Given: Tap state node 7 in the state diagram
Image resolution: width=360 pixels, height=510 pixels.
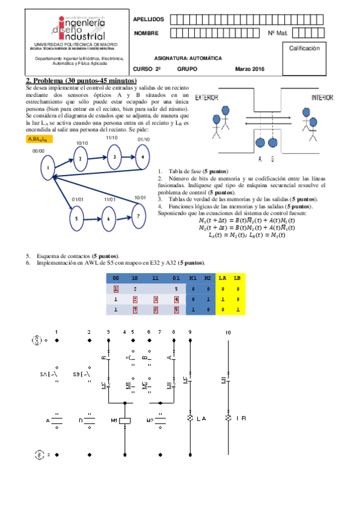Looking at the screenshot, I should coord(138,215).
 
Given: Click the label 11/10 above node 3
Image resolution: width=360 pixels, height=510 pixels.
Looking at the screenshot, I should coord(111,138).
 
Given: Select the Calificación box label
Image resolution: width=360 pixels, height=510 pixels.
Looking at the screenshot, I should coord(308,48).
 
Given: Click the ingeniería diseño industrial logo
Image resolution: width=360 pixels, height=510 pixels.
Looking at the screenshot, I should coord(76,29).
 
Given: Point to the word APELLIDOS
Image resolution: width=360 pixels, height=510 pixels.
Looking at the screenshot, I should coord(148,20).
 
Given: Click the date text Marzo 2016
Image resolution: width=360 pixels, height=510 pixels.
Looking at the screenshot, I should coord(249,70).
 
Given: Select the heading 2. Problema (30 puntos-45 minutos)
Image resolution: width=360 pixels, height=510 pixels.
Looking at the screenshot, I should coord(81,81).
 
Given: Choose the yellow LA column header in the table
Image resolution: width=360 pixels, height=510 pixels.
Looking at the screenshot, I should coord(222,278).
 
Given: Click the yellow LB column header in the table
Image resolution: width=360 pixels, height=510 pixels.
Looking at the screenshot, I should coord(238,278).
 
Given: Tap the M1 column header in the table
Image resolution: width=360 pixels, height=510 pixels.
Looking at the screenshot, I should coord(192,278).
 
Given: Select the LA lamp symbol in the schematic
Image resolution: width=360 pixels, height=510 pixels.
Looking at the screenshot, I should coord(191,417).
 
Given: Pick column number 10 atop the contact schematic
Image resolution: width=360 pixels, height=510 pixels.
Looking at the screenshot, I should coord(228,332).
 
